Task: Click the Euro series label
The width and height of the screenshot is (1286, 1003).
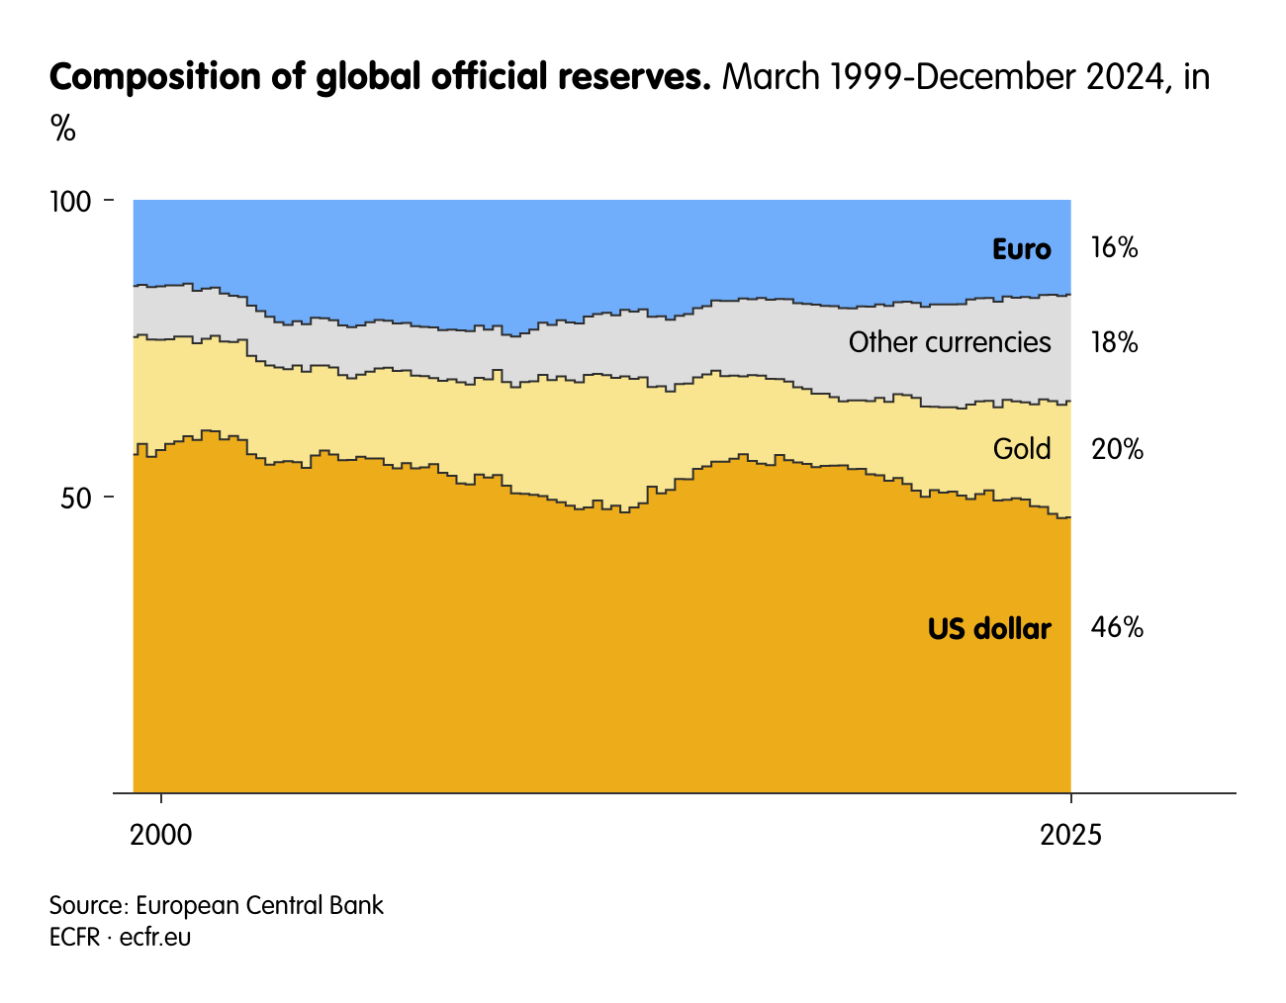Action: (x=1021, y=249)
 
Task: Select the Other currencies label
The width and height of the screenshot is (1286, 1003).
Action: (x=950, y=342)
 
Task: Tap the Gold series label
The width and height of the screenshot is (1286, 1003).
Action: (x=1022, y=449)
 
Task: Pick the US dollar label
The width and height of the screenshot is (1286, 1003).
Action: (x=989, y=628)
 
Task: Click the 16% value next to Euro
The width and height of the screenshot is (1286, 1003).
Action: (x=1114, y=248)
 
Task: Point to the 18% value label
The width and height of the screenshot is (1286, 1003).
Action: (x=1114, y=343)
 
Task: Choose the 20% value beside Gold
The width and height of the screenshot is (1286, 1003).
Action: (x=1117, y=450)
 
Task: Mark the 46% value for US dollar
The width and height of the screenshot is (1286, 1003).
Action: (x=1117, y=627)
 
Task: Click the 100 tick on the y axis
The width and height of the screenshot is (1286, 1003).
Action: (x=70, y=202)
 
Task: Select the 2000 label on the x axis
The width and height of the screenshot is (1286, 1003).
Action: (x=161, y=835)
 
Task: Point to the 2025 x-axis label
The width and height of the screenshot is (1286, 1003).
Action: (x=1070, y=835)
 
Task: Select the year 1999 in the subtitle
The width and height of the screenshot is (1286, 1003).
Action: (x=868, y=77)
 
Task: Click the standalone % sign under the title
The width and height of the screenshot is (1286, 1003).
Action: (x=62, y=128)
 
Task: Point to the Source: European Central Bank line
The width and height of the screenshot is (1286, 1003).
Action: (x=217, y=905)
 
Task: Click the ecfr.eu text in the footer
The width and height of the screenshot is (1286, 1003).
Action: (x=155, y=937)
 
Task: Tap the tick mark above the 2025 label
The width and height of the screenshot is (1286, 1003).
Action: (x=1070, y=798)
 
